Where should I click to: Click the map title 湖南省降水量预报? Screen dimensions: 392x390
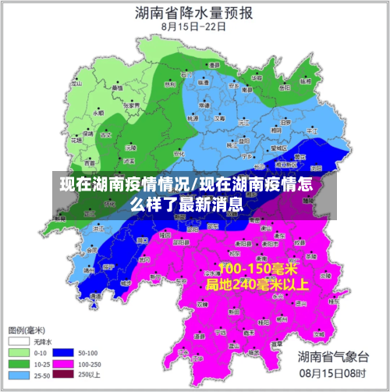pos(193,12)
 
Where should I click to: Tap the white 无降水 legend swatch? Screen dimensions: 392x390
pos(19,341)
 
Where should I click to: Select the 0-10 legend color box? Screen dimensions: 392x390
pos(19,352)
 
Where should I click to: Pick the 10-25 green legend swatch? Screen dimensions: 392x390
pos(19,363)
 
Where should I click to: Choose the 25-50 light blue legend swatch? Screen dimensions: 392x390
pos(19,375)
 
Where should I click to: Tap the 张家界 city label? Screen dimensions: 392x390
pos(134,104)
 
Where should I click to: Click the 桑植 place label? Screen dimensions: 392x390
pos(117,88)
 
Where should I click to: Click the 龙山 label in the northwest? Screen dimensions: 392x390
pos(76,83)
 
